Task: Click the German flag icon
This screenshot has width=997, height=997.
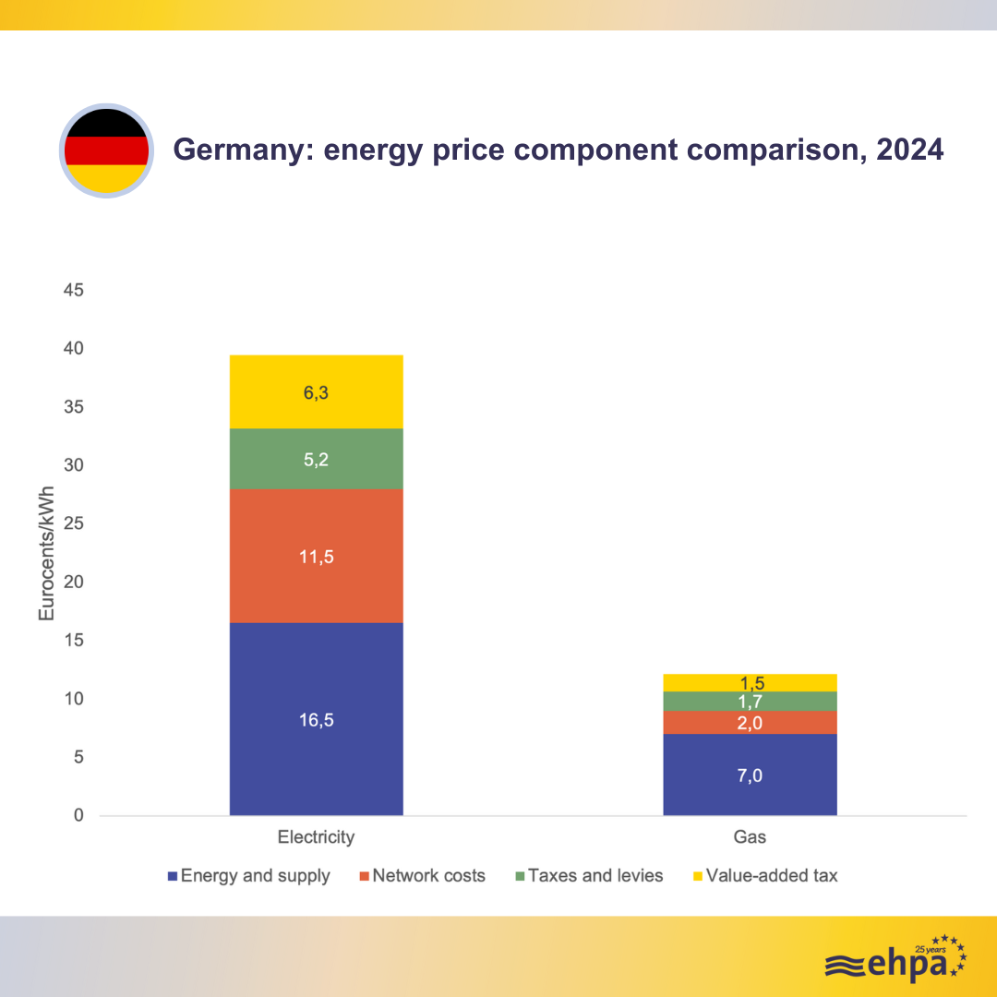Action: coord(106,150)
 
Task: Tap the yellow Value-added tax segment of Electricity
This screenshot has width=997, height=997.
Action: coord(316,392)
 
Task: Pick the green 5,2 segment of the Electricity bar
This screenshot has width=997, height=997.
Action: coord(316,459)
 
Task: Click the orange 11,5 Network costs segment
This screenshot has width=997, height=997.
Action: coord(316,556)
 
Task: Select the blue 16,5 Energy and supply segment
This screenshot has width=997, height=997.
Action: coord(316,720)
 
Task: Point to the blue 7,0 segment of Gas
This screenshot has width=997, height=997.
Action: coord(750,775)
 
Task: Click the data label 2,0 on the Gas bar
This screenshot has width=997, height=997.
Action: coord(750,723)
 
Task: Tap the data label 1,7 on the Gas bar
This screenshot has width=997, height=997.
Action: coord(750,702)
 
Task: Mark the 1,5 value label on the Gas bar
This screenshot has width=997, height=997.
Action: coord(750,683)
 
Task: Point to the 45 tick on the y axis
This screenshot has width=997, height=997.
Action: coord(74,291)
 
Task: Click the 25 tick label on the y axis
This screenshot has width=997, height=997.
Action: coord(74,523)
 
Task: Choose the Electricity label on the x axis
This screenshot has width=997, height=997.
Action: coord(316,837)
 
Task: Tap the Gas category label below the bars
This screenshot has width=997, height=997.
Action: coord(750,837)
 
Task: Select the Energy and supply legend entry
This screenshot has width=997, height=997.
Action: coord(248,876)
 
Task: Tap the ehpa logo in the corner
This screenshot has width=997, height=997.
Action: coord(895,961)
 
